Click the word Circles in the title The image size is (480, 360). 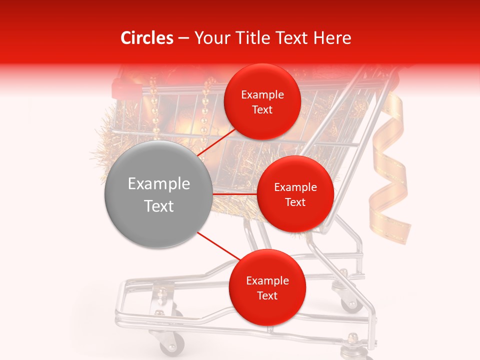coord(147,38)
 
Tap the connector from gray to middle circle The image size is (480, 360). coord(234,194)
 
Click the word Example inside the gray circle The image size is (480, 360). coord(159,184)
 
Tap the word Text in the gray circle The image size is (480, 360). coord(159,206)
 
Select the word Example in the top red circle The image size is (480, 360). coord(262,95)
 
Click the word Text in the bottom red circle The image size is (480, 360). coord(267,296)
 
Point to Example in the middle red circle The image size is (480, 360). coord(295,187)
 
